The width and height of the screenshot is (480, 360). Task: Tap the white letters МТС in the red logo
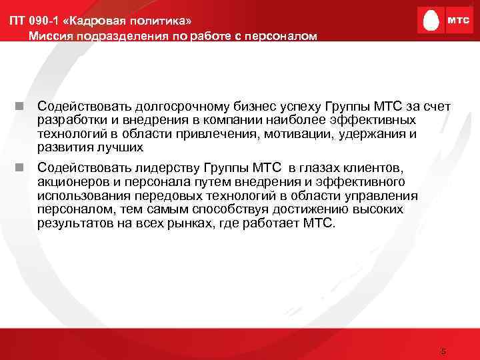457,21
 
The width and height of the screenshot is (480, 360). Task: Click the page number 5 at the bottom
443,351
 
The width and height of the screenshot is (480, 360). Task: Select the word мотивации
305,134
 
